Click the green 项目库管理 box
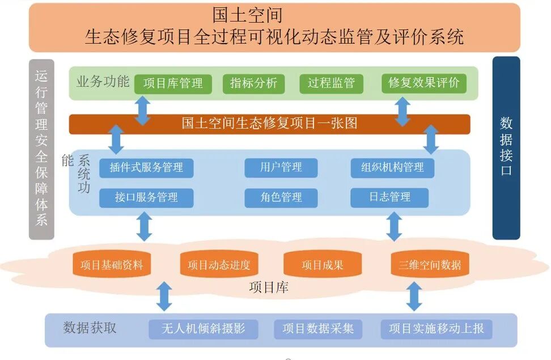coord(173,83)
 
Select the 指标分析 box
coord(253,83)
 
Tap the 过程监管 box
coord(331,83)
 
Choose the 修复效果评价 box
coord(423,83)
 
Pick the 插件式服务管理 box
coord(146,168)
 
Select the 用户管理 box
coord(281,168)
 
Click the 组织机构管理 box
coord(392,168)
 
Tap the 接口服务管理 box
coord(146,198)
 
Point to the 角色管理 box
coord(281,198)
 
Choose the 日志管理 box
coord(389,198)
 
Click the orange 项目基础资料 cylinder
coord(112,265)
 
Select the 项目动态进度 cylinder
coord(219,265)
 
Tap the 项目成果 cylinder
coord(323,265)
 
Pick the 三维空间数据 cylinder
coord(430,265)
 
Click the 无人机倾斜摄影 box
coord(203,329)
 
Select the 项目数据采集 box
coord(318,329)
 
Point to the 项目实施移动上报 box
coord(436,329)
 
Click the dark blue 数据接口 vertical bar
coord(506,147)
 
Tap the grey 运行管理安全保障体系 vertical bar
coord(41,149)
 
